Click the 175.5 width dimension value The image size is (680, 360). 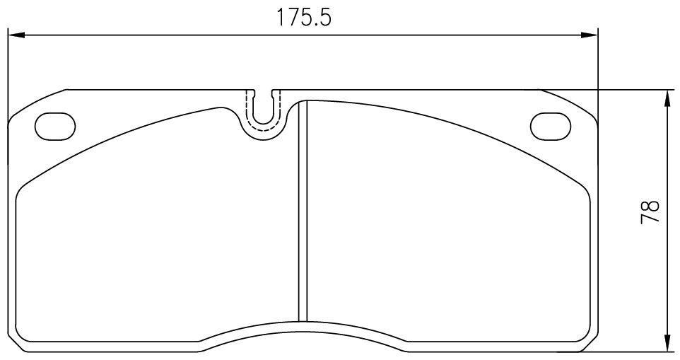pyautogui.click(x=303, y=18)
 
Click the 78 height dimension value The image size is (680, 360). pyautogui.click(x=649, y=211)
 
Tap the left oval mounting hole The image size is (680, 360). pyautogui.click(x=55, y=126)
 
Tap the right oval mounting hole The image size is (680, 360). pyautogui.click(x=550, y=126)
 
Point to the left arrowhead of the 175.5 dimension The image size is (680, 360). pyautogui.click(x=16, y=35)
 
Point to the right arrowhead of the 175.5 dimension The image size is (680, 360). pyautogui.click(x=590, y=35)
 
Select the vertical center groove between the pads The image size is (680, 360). pyautogui.click(x=303, y=211)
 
